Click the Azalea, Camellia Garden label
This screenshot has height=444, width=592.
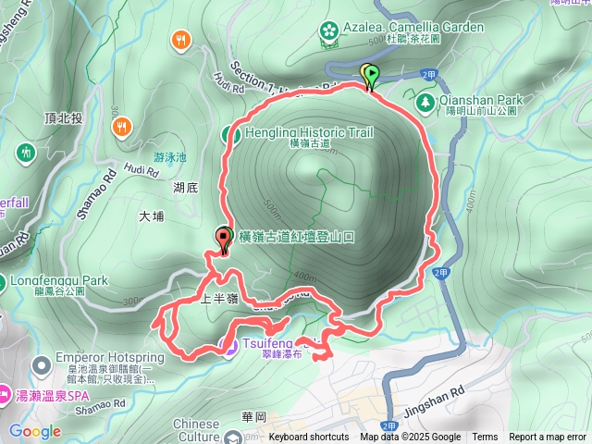(x=413, y=28)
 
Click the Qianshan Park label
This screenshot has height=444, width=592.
(x=482, y=101)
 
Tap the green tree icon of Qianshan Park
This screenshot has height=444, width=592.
(x=425, y=102)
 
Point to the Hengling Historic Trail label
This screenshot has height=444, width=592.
(x=309, y=132)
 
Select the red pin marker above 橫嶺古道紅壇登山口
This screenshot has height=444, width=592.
(x=224, y=239)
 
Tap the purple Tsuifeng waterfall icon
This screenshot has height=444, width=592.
(x=228, y=346)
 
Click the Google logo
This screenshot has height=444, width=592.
(x=35, y=431)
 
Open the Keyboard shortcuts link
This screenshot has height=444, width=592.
(x=309, y=438)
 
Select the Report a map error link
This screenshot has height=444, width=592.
(x=548, y=438)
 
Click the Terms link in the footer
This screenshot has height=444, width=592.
(x=485, y=438)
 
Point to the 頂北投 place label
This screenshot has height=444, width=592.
(x=64, y=118)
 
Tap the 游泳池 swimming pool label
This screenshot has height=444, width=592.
(x=170, y=157)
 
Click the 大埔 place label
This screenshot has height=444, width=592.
(x=151, y=216)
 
